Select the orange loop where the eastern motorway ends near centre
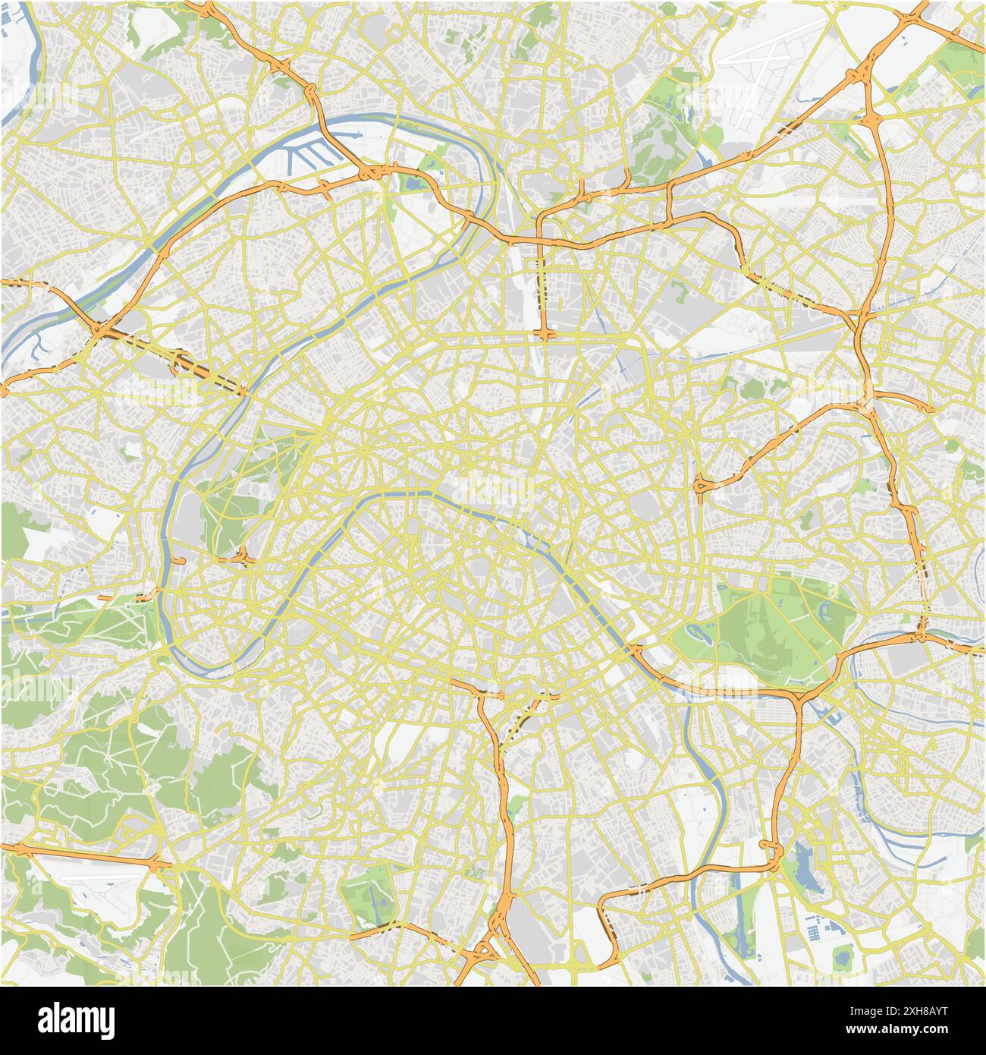pos(702,483)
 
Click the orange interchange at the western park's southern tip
pos(243,558)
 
